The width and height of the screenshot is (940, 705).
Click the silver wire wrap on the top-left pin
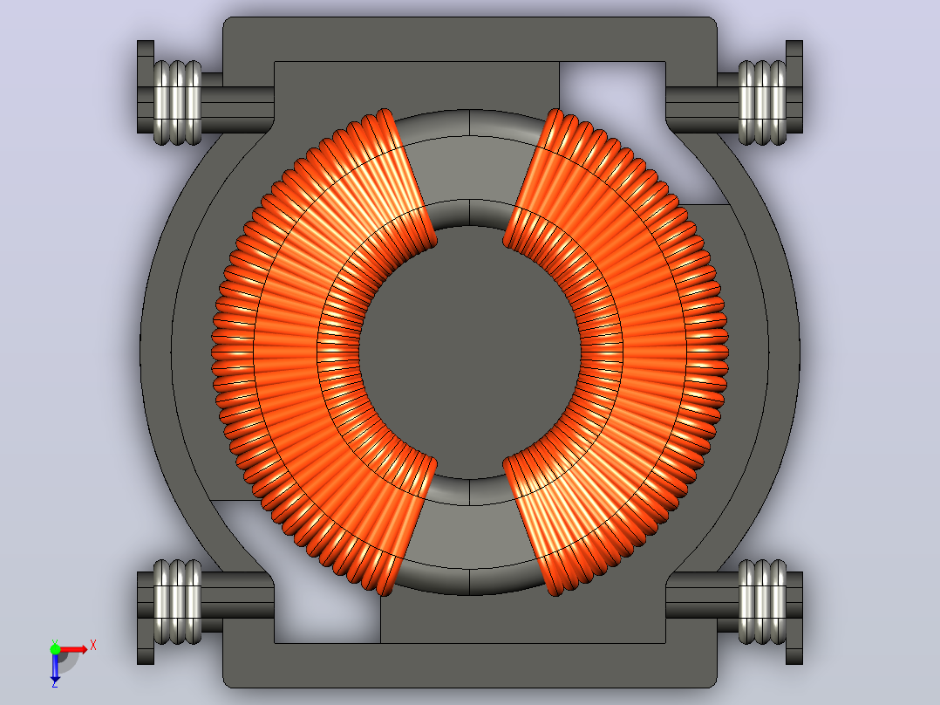[x=178, y=103]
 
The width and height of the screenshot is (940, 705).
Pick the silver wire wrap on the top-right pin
[x=762, y=103]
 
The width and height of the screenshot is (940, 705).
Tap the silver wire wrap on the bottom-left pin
[x=178, y=602]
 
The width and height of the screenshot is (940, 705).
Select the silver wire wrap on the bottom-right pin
[x=762, y=602]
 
